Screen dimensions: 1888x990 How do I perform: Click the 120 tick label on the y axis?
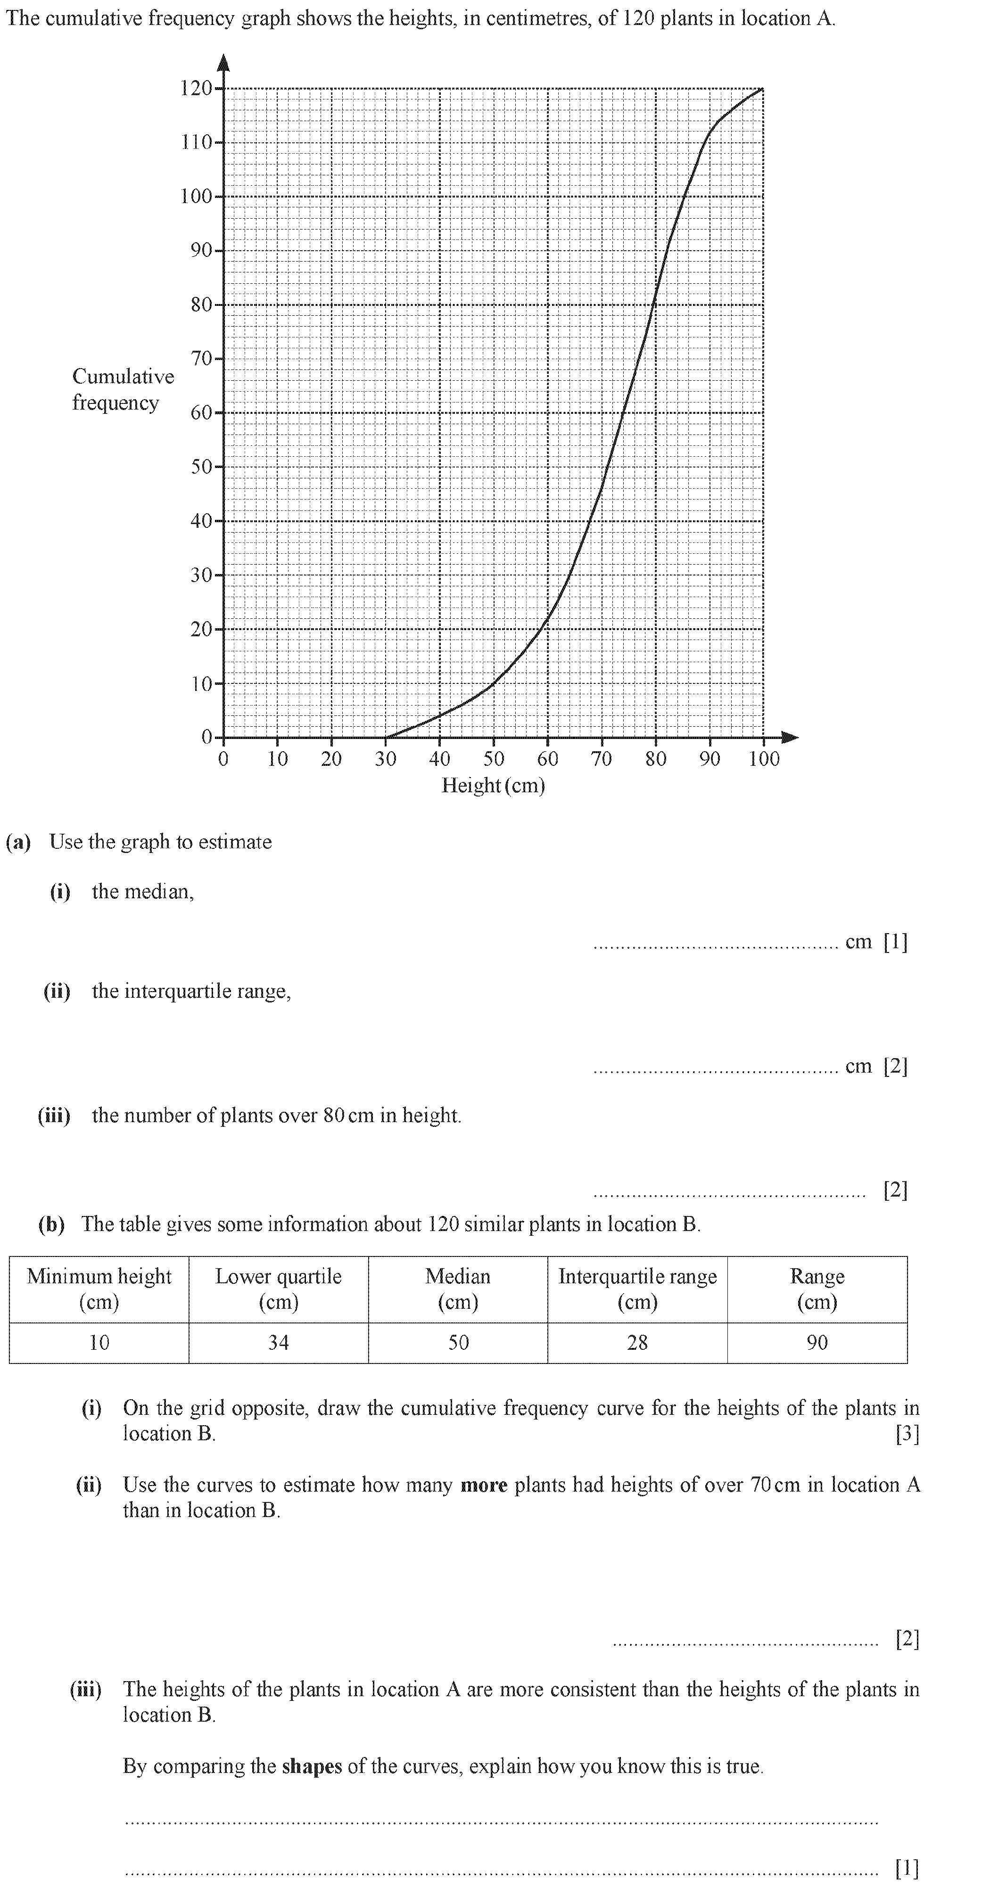(x=196, y=89)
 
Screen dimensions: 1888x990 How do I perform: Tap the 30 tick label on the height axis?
(x=386, y=759)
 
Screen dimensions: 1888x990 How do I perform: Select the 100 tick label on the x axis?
(x=763, y=759)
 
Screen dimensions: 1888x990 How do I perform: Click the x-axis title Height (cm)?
(x=493, y=786)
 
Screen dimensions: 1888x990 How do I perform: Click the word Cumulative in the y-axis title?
(x=123, y=377)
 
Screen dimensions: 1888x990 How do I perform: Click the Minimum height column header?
(x=99, y=1289)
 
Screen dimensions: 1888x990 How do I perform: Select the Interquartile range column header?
(x=637, y=1289)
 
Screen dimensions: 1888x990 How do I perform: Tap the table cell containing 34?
(x=278, y=1343)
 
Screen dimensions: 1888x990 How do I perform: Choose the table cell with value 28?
(x=637, y=1343)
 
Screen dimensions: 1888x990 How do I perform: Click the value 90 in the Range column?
(x=817, y=1343)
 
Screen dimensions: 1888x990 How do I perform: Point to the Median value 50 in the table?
(x=458, y=1343)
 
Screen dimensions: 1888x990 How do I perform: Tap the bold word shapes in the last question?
(x=312, y=1766)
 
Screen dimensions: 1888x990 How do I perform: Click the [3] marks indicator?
(x=907, y=1434)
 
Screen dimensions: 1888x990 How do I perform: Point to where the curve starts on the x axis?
(x=386, y=737)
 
